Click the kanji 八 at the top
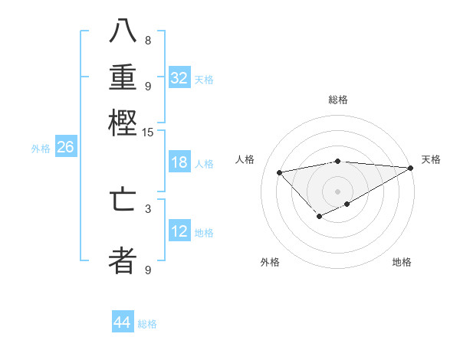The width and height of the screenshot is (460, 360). (x=123, y=33)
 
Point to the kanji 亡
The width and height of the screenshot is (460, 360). (x=123, y=200)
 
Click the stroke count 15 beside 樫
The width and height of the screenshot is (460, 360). (x=148, y=133)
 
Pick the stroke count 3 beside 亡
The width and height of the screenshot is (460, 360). (x=148, y=208)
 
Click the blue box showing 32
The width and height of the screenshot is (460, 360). (x=179, y=78)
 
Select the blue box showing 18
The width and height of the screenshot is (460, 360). (x=179, y=162)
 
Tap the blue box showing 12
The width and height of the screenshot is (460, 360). (x=179, y=231)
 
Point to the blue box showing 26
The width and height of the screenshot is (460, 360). (x=65, y=147)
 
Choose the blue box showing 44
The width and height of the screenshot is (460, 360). (x=123, y=322)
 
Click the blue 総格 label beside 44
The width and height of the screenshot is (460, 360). (x=147, y=324)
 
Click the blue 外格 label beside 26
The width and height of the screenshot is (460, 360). (x=41, y=149)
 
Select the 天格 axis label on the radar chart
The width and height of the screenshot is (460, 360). (x=431, y=159)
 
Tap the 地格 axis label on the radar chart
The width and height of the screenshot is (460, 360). (x=402, y=262)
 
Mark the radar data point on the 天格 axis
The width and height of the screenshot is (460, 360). (x=410, y=168)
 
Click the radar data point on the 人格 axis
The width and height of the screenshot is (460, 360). (x=280, y=172)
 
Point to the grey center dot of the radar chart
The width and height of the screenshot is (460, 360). (x=337, y=191)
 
